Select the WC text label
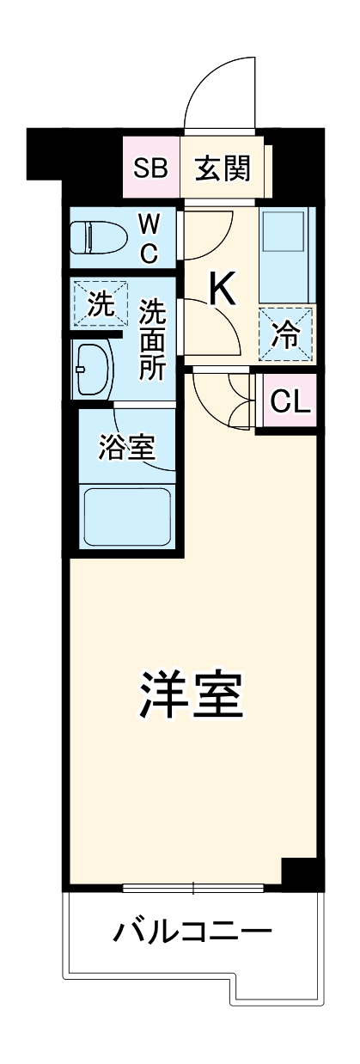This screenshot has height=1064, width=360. tap(148, 240)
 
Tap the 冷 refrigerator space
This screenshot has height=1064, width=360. tap(287, 332)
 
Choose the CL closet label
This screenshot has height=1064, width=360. tap(290, 401)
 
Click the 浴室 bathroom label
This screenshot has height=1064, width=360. tap(126, 449)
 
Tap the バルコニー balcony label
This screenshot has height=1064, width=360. tap(192, 931)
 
